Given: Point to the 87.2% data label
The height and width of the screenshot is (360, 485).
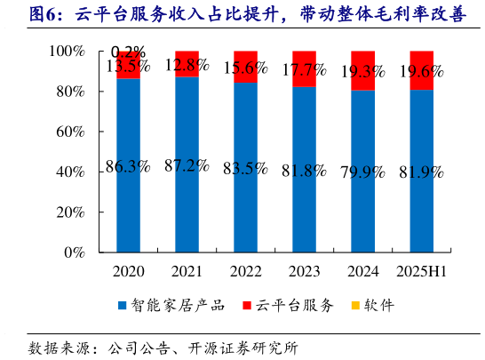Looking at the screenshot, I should (x=187, y=166).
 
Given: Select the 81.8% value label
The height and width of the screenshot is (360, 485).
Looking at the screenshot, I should (x=304, y=169).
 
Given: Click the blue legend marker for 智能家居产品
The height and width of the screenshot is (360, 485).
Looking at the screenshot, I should (x=123, y=306).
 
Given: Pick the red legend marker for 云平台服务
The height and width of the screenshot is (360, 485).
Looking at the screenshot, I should (x=246, y=306).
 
